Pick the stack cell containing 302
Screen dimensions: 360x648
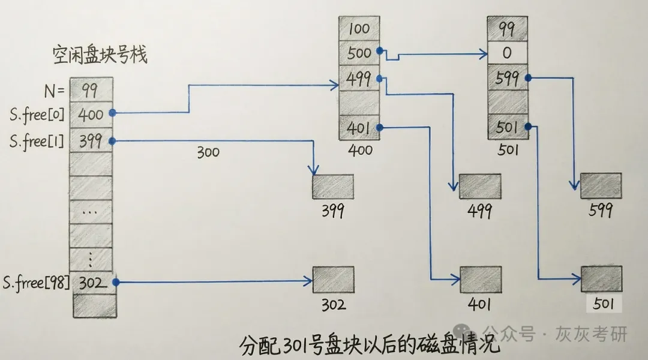(91, 282)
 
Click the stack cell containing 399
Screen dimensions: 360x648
(91, 141)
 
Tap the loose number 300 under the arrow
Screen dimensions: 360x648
(208, 152)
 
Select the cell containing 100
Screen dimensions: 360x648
(359, 29)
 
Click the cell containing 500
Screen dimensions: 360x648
(359, 53)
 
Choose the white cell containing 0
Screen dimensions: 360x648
(507, 53)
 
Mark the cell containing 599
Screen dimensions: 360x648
(507, 78)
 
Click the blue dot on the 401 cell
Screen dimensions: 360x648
(380, 127)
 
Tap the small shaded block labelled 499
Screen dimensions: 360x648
(480, 186)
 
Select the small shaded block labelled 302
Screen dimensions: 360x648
(333, 280)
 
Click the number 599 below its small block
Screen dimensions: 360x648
(601, 210)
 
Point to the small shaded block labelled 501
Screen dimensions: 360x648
(601, 279)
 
